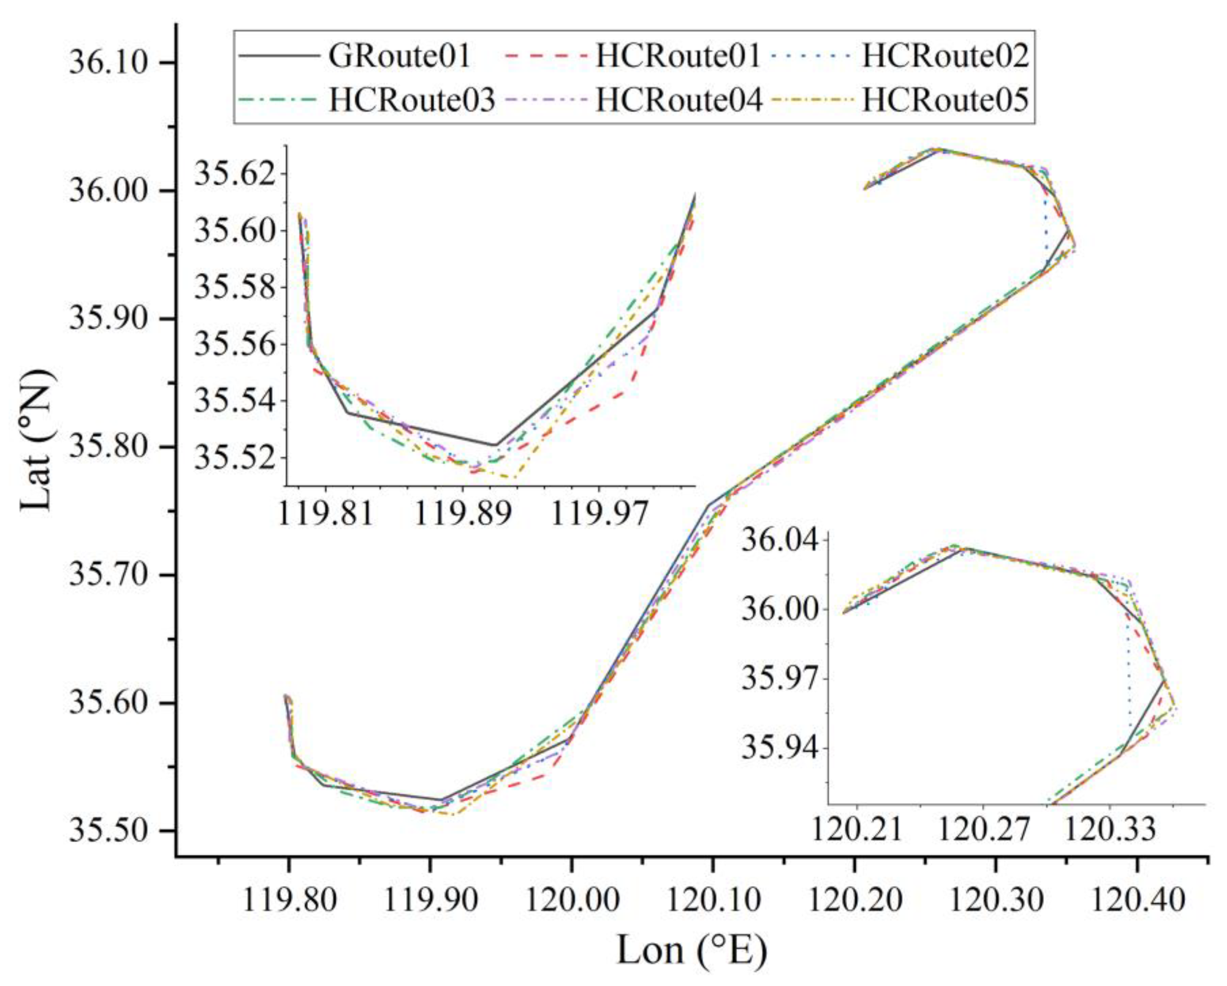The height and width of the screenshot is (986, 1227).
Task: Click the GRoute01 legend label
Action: tap(399, 57)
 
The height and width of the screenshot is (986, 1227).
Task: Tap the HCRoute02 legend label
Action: tap(945, 57)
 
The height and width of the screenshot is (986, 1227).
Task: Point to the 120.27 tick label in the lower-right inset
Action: tap(983, 830)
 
